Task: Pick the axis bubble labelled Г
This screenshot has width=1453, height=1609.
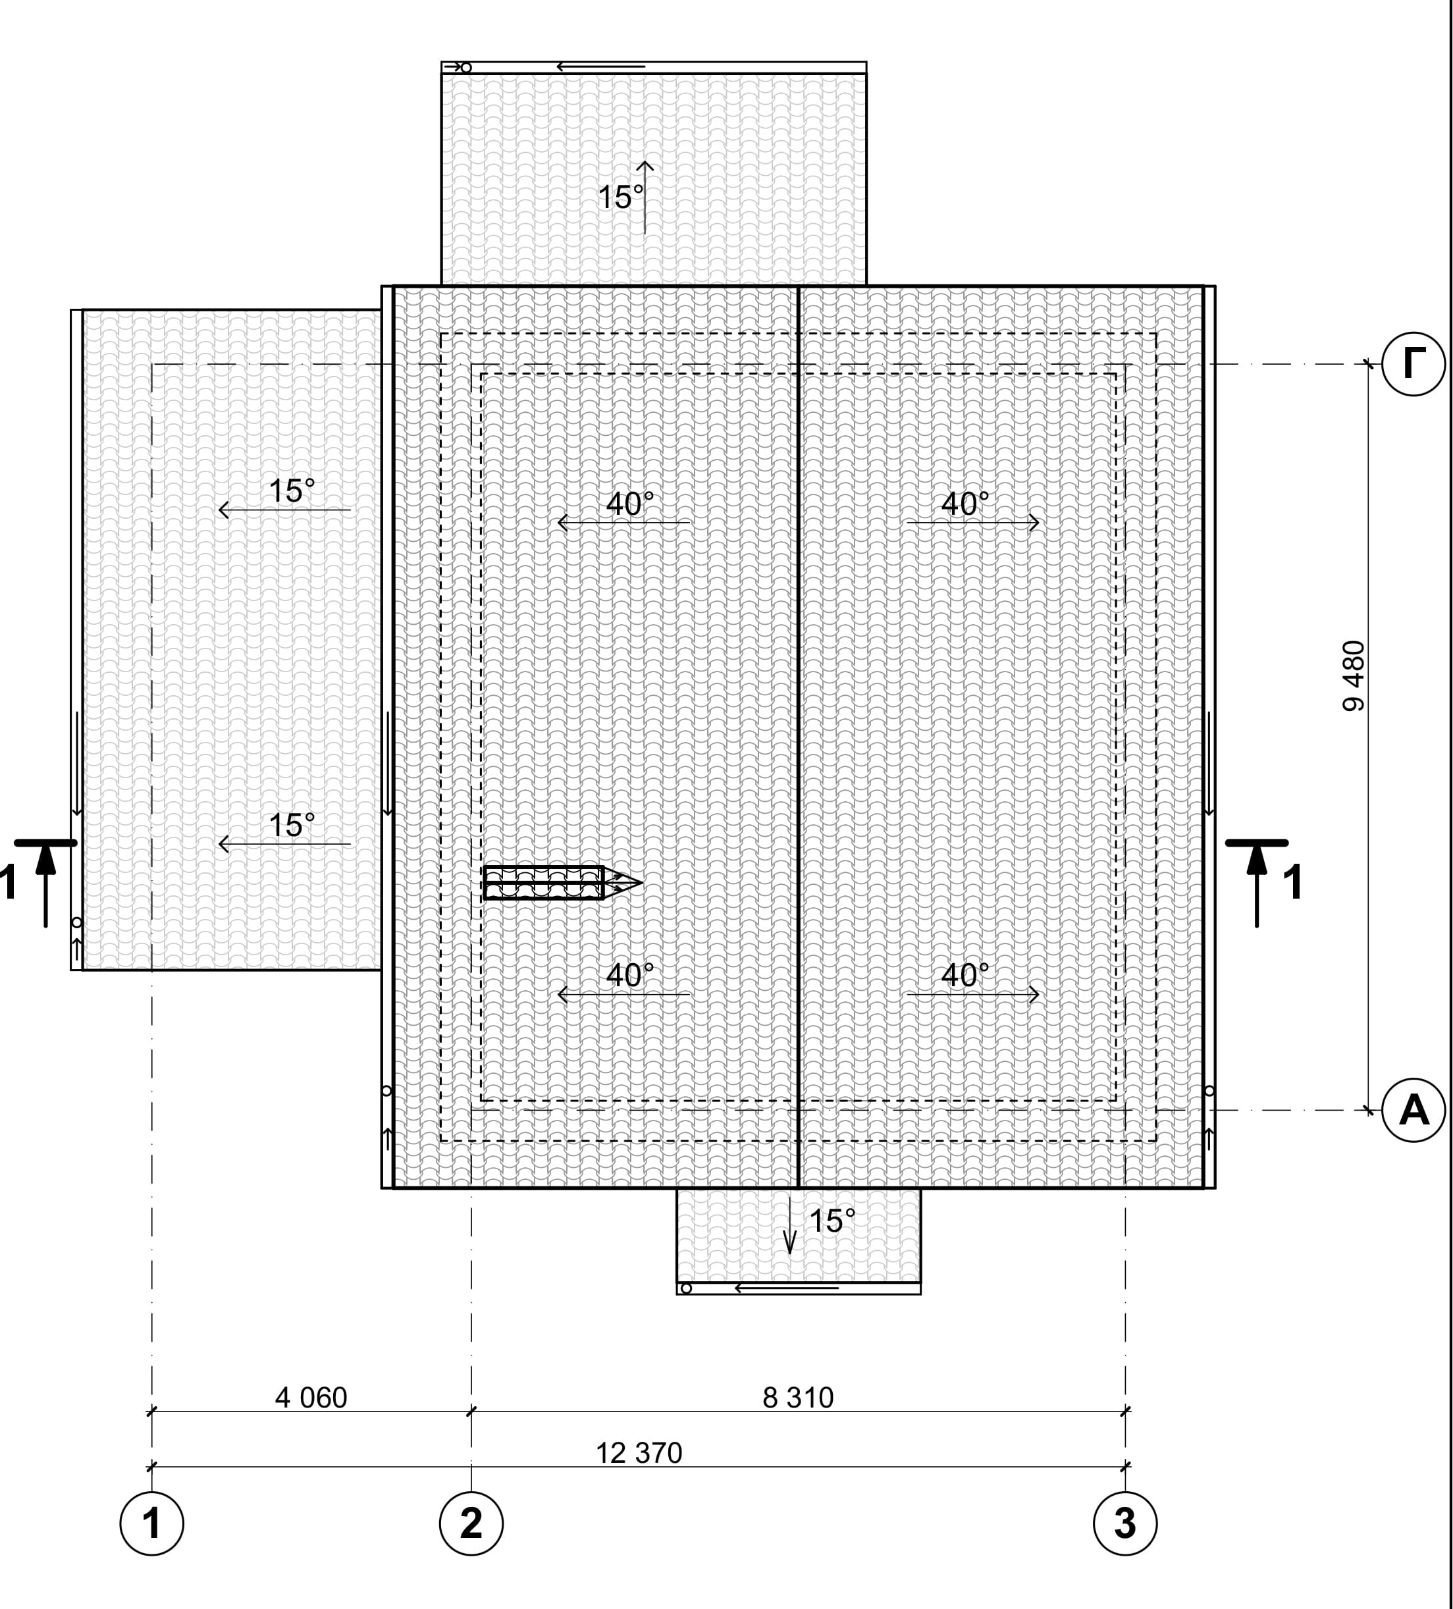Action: tap(1413, 364)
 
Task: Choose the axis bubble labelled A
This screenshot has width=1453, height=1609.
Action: tap(1413, 1109)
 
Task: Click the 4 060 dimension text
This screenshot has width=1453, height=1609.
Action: tap(311, 1398)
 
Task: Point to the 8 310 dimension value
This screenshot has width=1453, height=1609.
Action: tap(798, 1398)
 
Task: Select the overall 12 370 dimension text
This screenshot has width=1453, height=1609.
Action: tap(639, 1452)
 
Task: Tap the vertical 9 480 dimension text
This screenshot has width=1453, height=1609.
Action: tap(1354, 675)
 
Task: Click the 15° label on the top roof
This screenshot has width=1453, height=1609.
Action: tap(620, 197)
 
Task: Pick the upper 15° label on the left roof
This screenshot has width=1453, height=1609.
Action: tap(291, 491)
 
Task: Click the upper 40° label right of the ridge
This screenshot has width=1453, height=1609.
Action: tap(964, 504)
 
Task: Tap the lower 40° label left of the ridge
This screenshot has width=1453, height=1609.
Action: tap(629, 974)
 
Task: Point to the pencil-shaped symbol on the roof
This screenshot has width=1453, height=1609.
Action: tap(562, 883)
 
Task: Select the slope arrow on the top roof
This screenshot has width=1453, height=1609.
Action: tap(645, 197)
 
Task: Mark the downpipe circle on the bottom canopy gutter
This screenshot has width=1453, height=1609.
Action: tap(685, 1288)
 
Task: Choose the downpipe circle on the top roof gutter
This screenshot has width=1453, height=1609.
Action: tap(466, 68)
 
